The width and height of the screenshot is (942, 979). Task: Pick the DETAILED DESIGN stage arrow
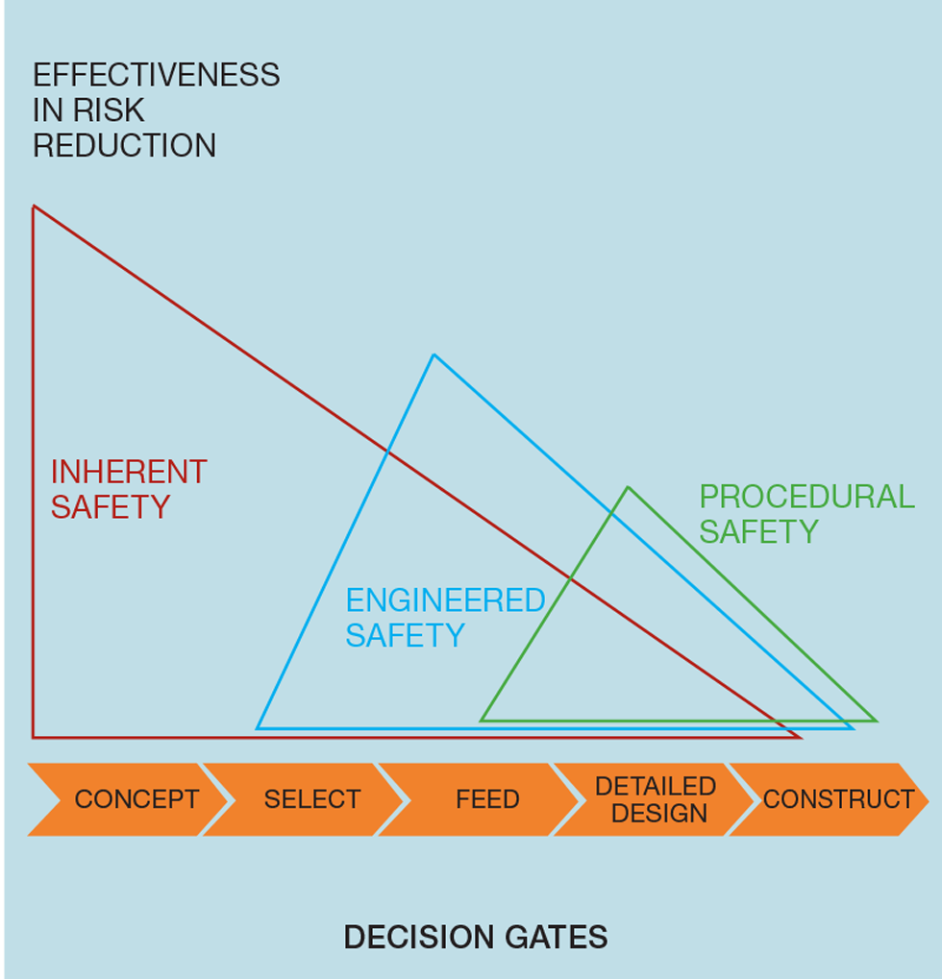point(654,799)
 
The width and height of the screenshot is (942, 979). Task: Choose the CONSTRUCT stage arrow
point(834,799)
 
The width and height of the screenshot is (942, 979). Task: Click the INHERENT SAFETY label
point(128,489)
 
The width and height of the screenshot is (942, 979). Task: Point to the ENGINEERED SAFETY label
point(444,618)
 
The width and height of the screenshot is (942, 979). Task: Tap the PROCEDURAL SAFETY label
point(806,514)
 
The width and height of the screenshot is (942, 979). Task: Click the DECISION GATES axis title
point(475,937)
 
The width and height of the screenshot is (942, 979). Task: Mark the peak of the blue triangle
point(434,355)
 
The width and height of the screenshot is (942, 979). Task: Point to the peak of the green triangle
point(628,488)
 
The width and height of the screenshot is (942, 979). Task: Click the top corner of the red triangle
point(34,207)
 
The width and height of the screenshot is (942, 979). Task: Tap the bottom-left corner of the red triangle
point(34,737)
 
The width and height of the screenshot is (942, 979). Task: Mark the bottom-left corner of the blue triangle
point(258,728)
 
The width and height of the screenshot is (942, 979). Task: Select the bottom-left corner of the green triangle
point(482,720)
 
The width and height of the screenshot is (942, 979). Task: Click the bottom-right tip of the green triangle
point(876,720)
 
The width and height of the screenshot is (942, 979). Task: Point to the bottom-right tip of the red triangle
point(800,737)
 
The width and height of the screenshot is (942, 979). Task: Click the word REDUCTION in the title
point(124,146)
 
